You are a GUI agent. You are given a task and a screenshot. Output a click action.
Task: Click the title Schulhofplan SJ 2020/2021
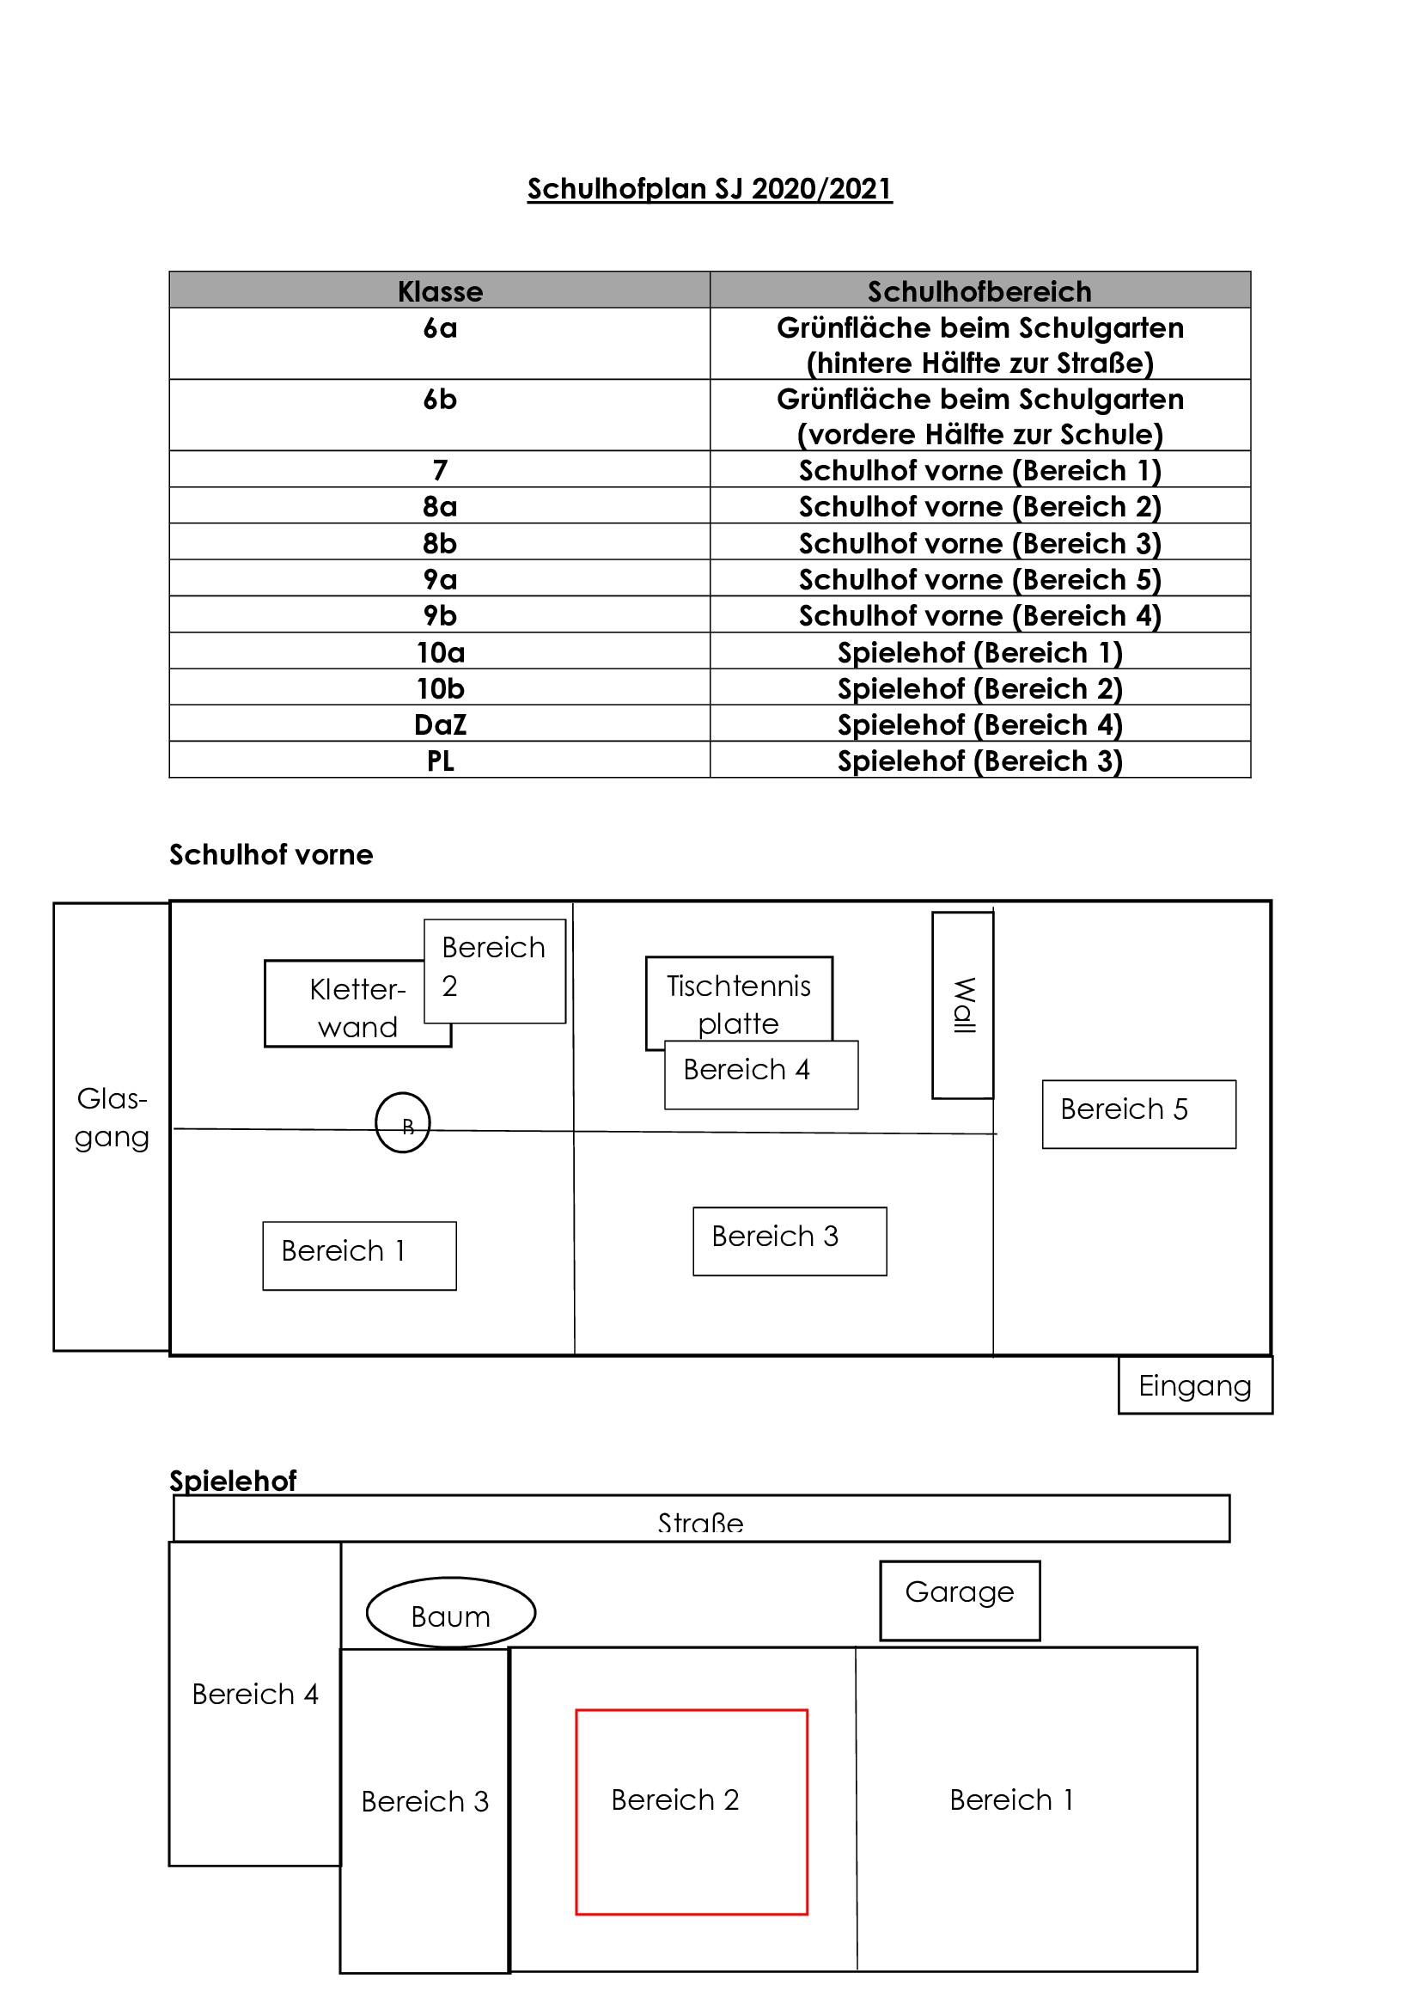coord(710,189)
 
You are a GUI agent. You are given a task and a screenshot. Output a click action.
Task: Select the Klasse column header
coord(440,290)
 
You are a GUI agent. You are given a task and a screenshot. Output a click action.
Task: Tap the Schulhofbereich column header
coord(979,290)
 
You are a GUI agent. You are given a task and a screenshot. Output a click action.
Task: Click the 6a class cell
coord(440,328)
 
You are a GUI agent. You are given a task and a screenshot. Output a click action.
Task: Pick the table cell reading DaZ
coord(440,725)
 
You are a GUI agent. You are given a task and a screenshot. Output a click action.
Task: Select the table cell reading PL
coord(440,761)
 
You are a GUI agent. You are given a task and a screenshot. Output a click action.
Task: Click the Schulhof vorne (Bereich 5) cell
coord(979,579)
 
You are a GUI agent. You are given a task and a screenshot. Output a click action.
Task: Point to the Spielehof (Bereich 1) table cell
coord(979,652)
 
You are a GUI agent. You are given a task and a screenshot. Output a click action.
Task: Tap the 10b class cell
coord(440,689)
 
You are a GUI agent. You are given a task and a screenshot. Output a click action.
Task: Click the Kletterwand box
coord(350,1007)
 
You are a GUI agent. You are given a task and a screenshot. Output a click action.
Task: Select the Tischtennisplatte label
coord(739,1003)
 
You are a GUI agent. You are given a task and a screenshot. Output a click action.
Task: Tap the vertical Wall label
coord(962,1005)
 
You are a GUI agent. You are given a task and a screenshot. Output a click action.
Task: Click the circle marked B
coord(402,1123)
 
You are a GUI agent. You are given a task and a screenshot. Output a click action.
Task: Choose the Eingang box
coord(1194,1386)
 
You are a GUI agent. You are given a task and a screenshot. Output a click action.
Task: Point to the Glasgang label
coord(112,1118)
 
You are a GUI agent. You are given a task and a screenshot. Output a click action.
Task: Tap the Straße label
coord(700,1524)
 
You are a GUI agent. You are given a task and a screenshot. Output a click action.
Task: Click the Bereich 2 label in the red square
coord(674,1800)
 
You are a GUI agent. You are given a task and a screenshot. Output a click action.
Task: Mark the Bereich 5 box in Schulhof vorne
coord(1138,1115)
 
